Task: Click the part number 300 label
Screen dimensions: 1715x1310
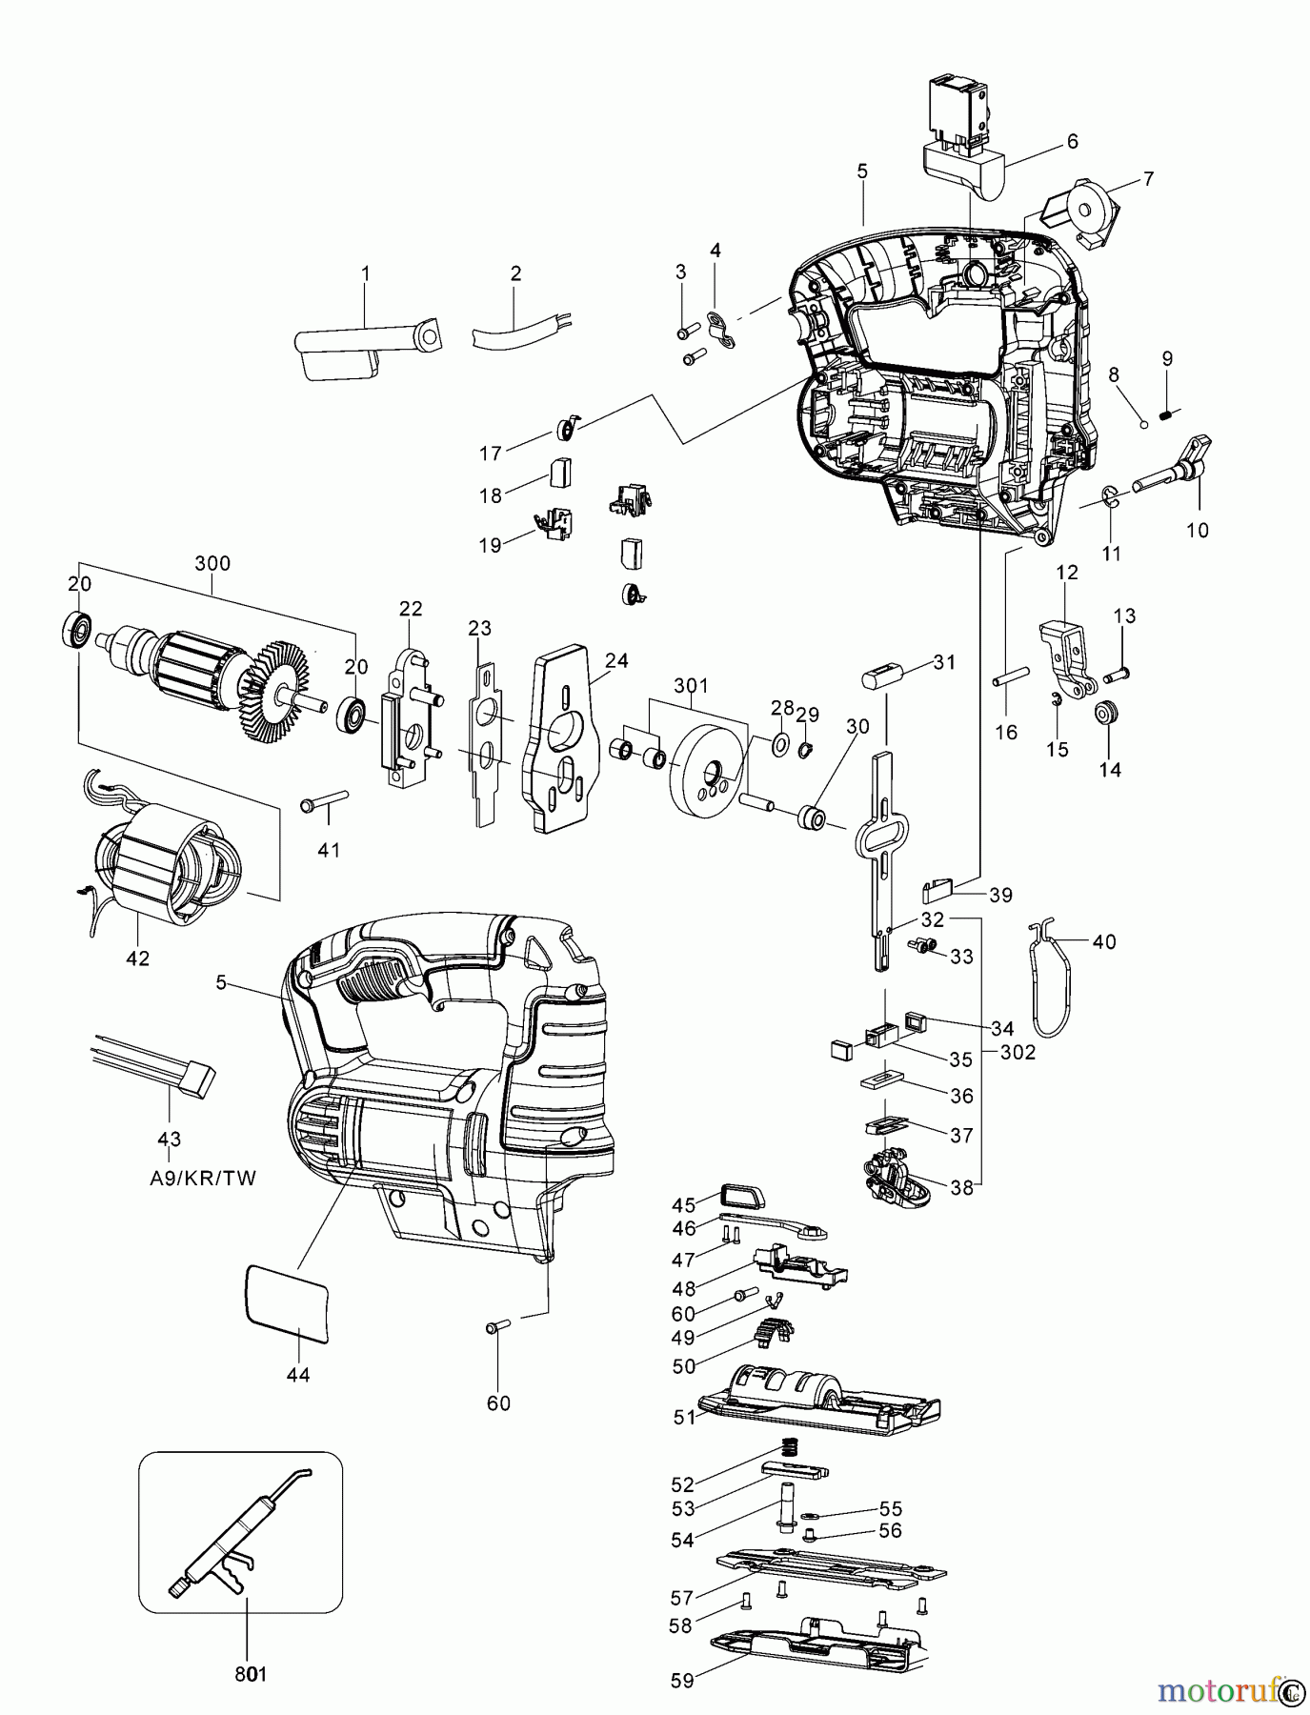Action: tap(212, 563)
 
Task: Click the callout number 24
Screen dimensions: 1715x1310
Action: tap(616, 660)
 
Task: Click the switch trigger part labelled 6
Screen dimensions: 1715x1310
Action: tap(963, 171)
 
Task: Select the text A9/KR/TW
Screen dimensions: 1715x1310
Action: tap(203, 1178)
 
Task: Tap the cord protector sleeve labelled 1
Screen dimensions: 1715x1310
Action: tap(362, 346)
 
